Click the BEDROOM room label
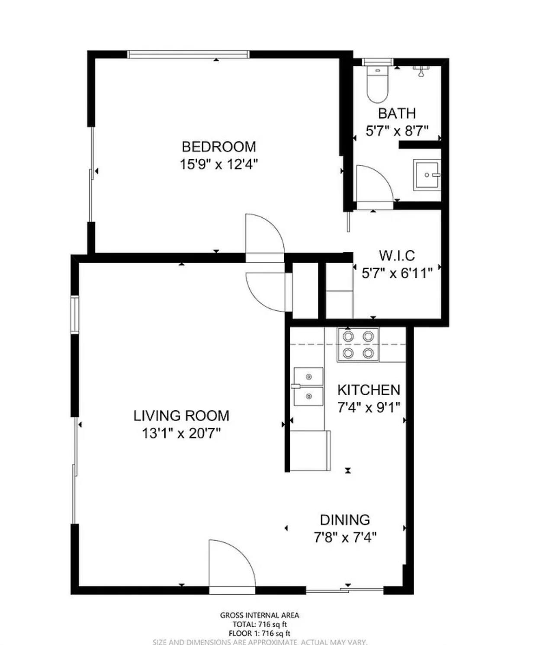click(x=218, y=147)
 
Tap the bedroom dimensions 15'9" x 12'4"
click(x=218, y=164)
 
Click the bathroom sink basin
click(x=427, y=175)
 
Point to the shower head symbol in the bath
click(x=420, y=71)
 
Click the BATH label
click(x=397, y=113)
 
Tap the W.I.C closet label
click(x=397, y=255)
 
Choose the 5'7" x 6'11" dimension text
click(x=397, y=273)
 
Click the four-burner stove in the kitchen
click(x=358, y=345)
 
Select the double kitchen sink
click(x=308, y=387)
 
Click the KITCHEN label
click(x=369, y=390)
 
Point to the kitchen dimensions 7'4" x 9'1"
click(x=369, y=407)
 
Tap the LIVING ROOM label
click(x=181, y=416)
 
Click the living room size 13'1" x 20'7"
click(x=181, y=433)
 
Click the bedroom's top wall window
click(x=188, y=55)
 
